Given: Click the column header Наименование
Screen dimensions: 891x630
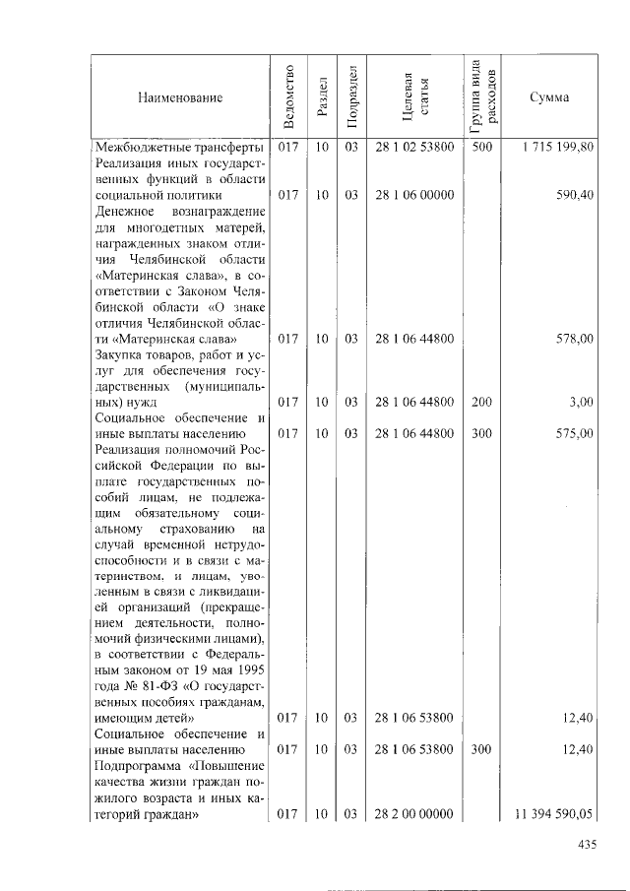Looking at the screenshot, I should click(x=180, y=97).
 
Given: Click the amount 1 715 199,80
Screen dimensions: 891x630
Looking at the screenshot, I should click(x=552, y=147).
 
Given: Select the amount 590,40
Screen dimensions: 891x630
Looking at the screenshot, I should click(x=573, y=195).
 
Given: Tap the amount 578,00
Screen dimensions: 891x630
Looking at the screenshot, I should click(x=573, y=339).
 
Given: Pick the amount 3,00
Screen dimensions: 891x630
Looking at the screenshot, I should click(x=581, y=402).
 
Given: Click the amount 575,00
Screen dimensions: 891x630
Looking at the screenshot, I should click(x=573, y=433).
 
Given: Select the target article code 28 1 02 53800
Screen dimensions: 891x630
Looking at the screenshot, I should click(x=414, y=147).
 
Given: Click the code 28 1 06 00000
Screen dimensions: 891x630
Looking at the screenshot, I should click(x=414, y=195).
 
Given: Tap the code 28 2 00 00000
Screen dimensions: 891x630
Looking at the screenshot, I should click(x=414, y=813).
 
